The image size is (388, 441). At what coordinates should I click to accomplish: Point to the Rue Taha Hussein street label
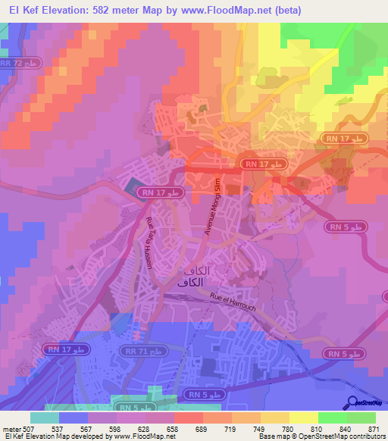(x=149, y=241)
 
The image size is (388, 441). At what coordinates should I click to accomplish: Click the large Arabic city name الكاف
(x=192, y=280)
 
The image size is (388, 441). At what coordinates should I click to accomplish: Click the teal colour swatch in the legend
(x=45, y=418)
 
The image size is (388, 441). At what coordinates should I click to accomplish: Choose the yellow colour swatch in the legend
(x=304, y=418)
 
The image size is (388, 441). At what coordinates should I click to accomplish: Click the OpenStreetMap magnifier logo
(x=351, y=403)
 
